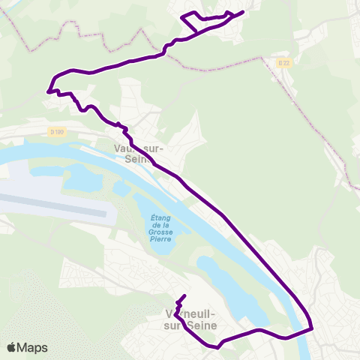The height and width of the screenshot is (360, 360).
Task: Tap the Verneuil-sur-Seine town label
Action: [190, 319]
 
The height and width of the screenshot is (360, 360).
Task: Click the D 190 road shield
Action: [58, 132]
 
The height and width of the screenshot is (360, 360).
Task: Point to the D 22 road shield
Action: [282, 62]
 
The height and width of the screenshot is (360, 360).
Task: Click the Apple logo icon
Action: [13, 347]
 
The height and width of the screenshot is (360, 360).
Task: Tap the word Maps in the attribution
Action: [33, 347]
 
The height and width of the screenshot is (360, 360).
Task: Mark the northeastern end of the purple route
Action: [243, 12]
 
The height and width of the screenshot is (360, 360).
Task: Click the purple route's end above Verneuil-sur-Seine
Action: [184, 295]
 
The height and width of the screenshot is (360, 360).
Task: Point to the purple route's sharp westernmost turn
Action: [49, 91]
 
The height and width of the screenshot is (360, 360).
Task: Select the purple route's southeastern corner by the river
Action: [310, 327]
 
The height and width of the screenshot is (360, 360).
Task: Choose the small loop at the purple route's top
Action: [192, 20]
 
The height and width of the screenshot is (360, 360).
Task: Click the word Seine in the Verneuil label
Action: [202, 325]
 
